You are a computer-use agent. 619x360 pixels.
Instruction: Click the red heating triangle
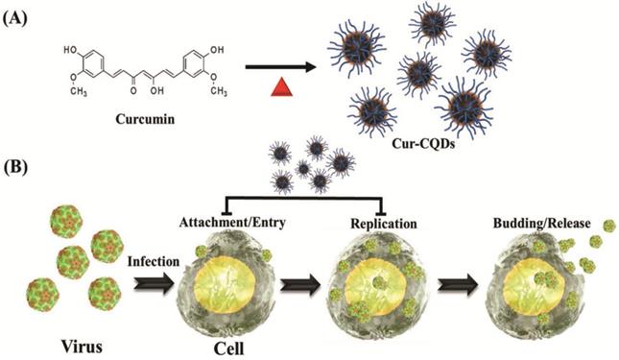tap(281, 87)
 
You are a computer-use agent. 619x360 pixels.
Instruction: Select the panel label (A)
tap(15, 18)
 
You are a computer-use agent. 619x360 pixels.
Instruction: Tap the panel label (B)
tap(15, 168)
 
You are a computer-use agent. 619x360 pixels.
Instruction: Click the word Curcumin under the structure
tap(145, 119)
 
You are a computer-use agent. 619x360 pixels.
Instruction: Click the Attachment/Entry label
tap(232, 223)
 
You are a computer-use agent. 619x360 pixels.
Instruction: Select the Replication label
tap(384, 224)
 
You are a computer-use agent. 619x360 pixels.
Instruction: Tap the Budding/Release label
tap(541, 224)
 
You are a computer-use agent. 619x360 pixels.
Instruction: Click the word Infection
tap(154, 261)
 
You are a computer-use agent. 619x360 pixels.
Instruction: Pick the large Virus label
tap(82, 347)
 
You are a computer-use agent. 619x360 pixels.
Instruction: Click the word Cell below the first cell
tap(229, 348)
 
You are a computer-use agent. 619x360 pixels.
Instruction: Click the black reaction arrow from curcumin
tap(280, 66)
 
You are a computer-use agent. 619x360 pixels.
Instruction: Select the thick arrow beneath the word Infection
tap(154, 285)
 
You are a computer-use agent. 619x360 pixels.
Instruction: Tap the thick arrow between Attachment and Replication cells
tap(300, 285)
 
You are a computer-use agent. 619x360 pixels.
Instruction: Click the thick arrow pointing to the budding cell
tap(458, 285)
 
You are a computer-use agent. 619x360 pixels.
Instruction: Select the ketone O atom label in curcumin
tap(133, 90)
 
